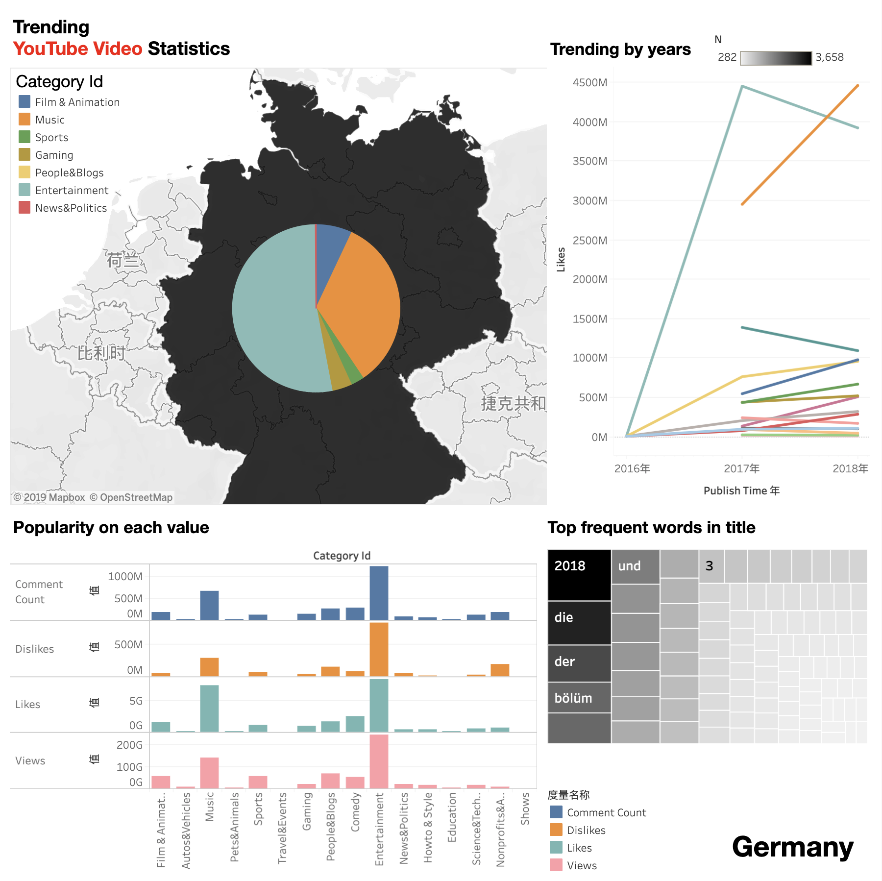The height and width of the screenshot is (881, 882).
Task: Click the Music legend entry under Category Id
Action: (49, 120)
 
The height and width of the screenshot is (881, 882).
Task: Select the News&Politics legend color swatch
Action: (24, 207)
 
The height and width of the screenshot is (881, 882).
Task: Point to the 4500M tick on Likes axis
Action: (589, 82)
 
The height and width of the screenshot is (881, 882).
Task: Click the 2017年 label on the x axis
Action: (741, 468)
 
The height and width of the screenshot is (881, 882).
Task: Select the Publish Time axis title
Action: (741, 490)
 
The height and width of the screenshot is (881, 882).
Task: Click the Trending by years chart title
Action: (620, 49)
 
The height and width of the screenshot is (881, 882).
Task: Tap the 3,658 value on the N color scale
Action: (829, 57)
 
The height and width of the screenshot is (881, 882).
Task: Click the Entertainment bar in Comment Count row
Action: (379, 593)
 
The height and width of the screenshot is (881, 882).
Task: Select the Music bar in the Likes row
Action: (209, 708)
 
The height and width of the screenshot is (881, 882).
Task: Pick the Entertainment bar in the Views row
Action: (379, 761)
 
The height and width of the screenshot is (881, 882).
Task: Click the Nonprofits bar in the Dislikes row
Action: (500, 670)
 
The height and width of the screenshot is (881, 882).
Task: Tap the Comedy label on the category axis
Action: (355, 812)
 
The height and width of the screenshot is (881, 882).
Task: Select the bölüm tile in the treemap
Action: (579, 698)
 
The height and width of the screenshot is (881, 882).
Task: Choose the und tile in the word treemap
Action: (635, 566)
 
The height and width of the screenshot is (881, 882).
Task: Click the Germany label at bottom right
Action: (792, 847)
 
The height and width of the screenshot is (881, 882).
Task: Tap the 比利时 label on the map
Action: (101, 353)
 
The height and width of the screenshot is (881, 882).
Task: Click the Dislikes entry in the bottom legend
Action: (586, 830)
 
